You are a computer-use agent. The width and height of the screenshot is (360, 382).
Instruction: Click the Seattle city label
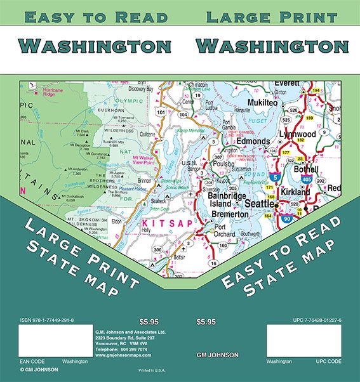pyautogui.click(x=260, y=204)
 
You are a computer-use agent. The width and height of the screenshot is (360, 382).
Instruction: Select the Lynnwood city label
pyautogui.click(x=298, y=135)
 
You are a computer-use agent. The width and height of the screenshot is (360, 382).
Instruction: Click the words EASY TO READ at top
pyautogui.click(x=95, y=17)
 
